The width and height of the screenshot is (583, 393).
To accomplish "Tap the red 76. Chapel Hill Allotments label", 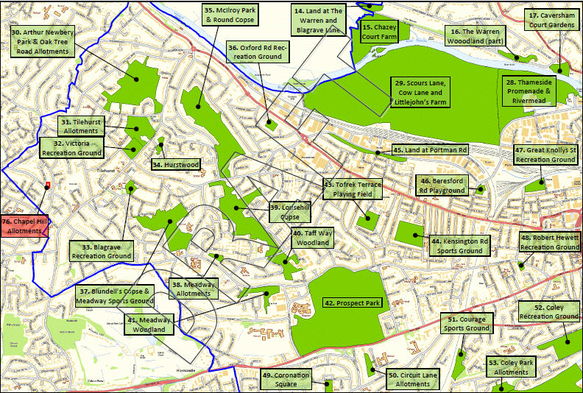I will [x=24, y=225].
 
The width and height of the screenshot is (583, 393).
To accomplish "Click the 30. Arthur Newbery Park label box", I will [x=42, y=42].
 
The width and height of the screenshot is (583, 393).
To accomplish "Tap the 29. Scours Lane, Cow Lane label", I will [x=420, y=93].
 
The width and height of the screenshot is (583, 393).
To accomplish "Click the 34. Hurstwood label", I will [x=176, y=165].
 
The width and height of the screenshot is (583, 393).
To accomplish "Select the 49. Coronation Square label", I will [x=286, y=379].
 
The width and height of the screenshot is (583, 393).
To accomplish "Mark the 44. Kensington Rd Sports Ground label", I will [x=460, y=246].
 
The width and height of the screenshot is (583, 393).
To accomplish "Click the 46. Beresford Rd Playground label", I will [x=442, y=185].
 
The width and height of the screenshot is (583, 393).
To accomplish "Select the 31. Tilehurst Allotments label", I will [x=81, y=126].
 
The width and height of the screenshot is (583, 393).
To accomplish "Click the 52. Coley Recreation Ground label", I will [x=549, y=311].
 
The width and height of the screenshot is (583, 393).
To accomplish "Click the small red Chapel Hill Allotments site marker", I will [x=48, y=185].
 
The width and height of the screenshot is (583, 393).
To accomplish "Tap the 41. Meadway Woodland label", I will [x=150, y=325].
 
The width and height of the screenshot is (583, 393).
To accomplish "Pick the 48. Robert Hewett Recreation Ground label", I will [x=550, y=242].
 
